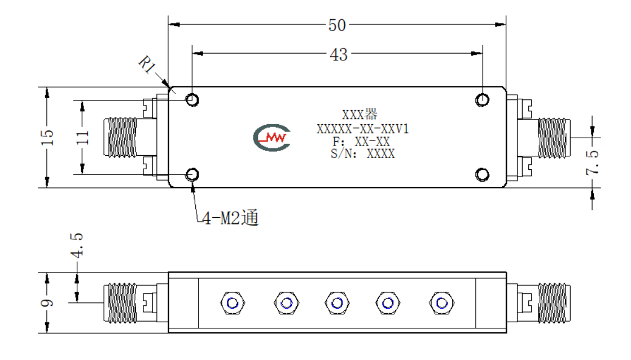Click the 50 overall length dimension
pyautogui.click(x=337, y=25)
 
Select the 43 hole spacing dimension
pyautogui.click(x=339, y=54)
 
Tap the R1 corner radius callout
pyautogui.click(x=147, y=64)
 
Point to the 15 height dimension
pyautogui.click(x=47, y=137)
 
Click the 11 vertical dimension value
pyautogui.click(x=82, y=137)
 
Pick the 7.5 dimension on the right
pyautogui.click(x=593, y=162)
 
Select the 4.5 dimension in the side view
pyautogui.click(x=76, y=245)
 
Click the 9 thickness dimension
pyautogui.click(x=47, y=302)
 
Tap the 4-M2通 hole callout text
pyautogui.click(x=230, y=218)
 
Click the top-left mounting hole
pyautogui.click(x=192, y=99)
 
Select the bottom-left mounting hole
pyautogui.click(x=192, y=174)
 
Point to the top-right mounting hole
pyautogui.click(x=482, y=100)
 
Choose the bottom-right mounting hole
pyautogui.click(x=482, y=174)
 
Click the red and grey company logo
pyautogui.click(x=272, y=138)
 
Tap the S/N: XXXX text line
pyautogui.click(x=362, y=153)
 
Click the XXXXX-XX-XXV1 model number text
pyautogui.click(x=362, y=129)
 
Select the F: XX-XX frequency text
pyautogui.click(x=361, y=142)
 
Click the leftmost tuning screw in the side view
pyautogui.click(x=233, y=302)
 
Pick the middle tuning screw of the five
pyautogui.click(x=337, y=302)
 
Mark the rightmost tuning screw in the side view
pyautogui.click(x=442, y=302)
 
